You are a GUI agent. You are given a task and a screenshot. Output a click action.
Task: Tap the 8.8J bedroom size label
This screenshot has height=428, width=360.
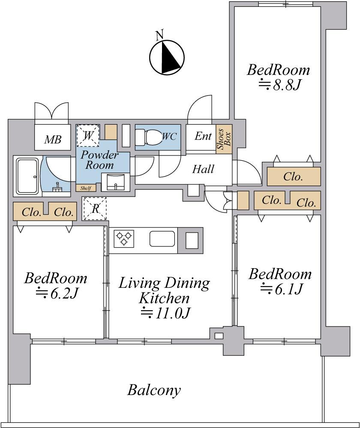click(281, 85)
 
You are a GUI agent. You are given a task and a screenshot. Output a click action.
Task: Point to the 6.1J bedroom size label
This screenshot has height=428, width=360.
click(282, 289)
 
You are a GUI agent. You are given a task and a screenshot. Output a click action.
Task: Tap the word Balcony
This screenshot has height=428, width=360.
click(154, 390)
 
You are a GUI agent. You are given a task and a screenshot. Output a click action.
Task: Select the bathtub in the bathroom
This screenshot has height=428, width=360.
click(27, 175)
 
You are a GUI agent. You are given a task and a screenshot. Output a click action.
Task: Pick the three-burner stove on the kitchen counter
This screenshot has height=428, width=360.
click(124, 239)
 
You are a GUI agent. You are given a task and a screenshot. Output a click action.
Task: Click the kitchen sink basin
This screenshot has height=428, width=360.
click(162, 239)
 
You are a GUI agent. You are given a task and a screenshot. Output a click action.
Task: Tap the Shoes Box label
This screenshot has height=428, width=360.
click(224, 138)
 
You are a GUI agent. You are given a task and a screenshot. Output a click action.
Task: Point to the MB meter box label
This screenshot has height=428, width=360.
click(53, 139)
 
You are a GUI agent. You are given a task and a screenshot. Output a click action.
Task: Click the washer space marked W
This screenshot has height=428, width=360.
click(88, 135)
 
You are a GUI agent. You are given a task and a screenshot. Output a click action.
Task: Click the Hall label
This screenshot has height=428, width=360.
click(203, 169)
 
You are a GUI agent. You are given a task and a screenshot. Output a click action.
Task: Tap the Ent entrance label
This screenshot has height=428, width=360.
click(203, 136)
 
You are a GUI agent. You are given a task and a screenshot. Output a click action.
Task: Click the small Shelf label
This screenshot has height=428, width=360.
click(85, 188)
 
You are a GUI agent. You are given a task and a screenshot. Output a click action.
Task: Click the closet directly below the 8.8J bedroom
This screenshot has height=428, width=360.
click(294, 176)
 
